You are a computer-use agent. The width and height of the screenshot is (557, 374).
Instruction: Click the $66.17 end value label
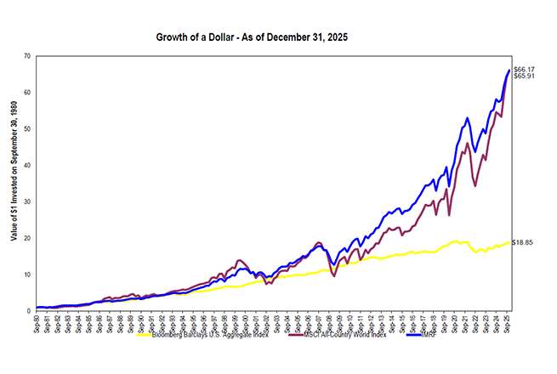(x=525, y=68)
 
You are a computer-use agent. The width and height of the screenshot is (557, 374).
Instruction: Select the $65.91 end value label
(x=525, y=76)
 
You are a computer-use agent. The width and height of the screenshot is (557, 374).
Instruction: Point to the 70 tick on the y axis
(x=27, y=56)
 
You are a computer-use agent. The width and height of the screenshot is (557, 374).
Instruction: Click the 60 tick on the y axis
(x=27, y=93)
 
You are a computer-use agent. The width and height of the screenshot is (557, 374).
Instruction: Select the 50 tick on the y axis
(x=27, y=129)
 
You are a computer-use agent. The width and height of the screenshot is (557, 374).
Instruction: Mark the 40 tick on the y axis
(x=27, y=166)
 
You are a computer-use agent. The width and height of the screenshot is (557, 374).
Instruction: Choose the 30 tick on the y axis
(x=27, y=202)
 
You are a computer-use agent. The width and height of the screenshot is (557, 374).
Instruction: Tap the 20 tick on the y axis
(x=27, y=239)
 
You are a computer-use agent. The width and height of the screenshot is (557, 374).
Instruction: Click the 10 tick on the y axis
(x=27, y=275)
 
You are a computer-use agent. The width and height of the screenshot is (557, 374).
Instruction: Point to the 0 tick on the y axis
(x=29, y=311)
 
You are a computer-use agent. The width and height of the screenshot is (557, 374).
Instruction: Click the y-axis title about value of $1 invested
(x=14, y=183)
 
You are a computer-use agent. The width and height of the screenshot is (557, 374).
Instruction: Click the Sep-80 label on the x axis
(x=37, y=323)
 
